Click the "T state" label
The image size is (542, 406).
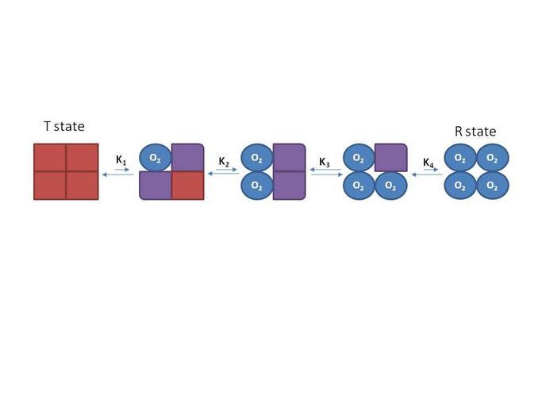click(x=63, y=126)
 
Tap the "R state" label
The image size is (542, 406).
click(x=475, y=132)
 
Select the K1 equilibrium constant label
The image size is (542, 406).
click(x=121, y=159)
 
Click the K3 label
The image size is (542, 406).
click(x=324, y=162)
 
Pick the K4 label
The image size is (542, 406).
click(x=428, y=163)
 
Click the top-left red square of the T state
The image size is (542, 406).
click(x=50, y=157)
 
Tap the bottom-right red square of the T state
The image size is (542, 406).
click(x=82, y=185)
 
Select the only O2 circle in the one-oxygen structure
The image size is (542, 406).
click(x=155, y=159)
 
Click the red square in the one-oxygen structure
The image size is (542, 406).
click(x=188, y=185)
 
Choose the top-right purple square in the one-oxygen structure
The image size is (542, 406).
click(x=188, y=157)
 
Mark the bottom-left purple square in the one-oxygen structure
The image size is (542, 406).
click(x=156, y=186)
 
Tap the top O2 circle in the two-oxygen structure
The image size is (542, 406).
click(x=256, y=158)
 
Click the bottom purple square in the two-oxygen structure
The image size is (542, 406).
click(x=289, y=186)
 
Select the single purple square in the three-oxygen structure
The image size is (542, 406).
click(x=390, y=157)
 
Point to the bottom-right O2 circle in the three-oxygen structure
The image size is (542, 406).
click(x=390, y=186)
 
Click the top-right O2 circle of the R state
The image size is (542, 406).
click(x=492, y=158)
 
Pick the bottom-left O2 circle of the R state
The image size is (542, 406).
click(x=459, y=186)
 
